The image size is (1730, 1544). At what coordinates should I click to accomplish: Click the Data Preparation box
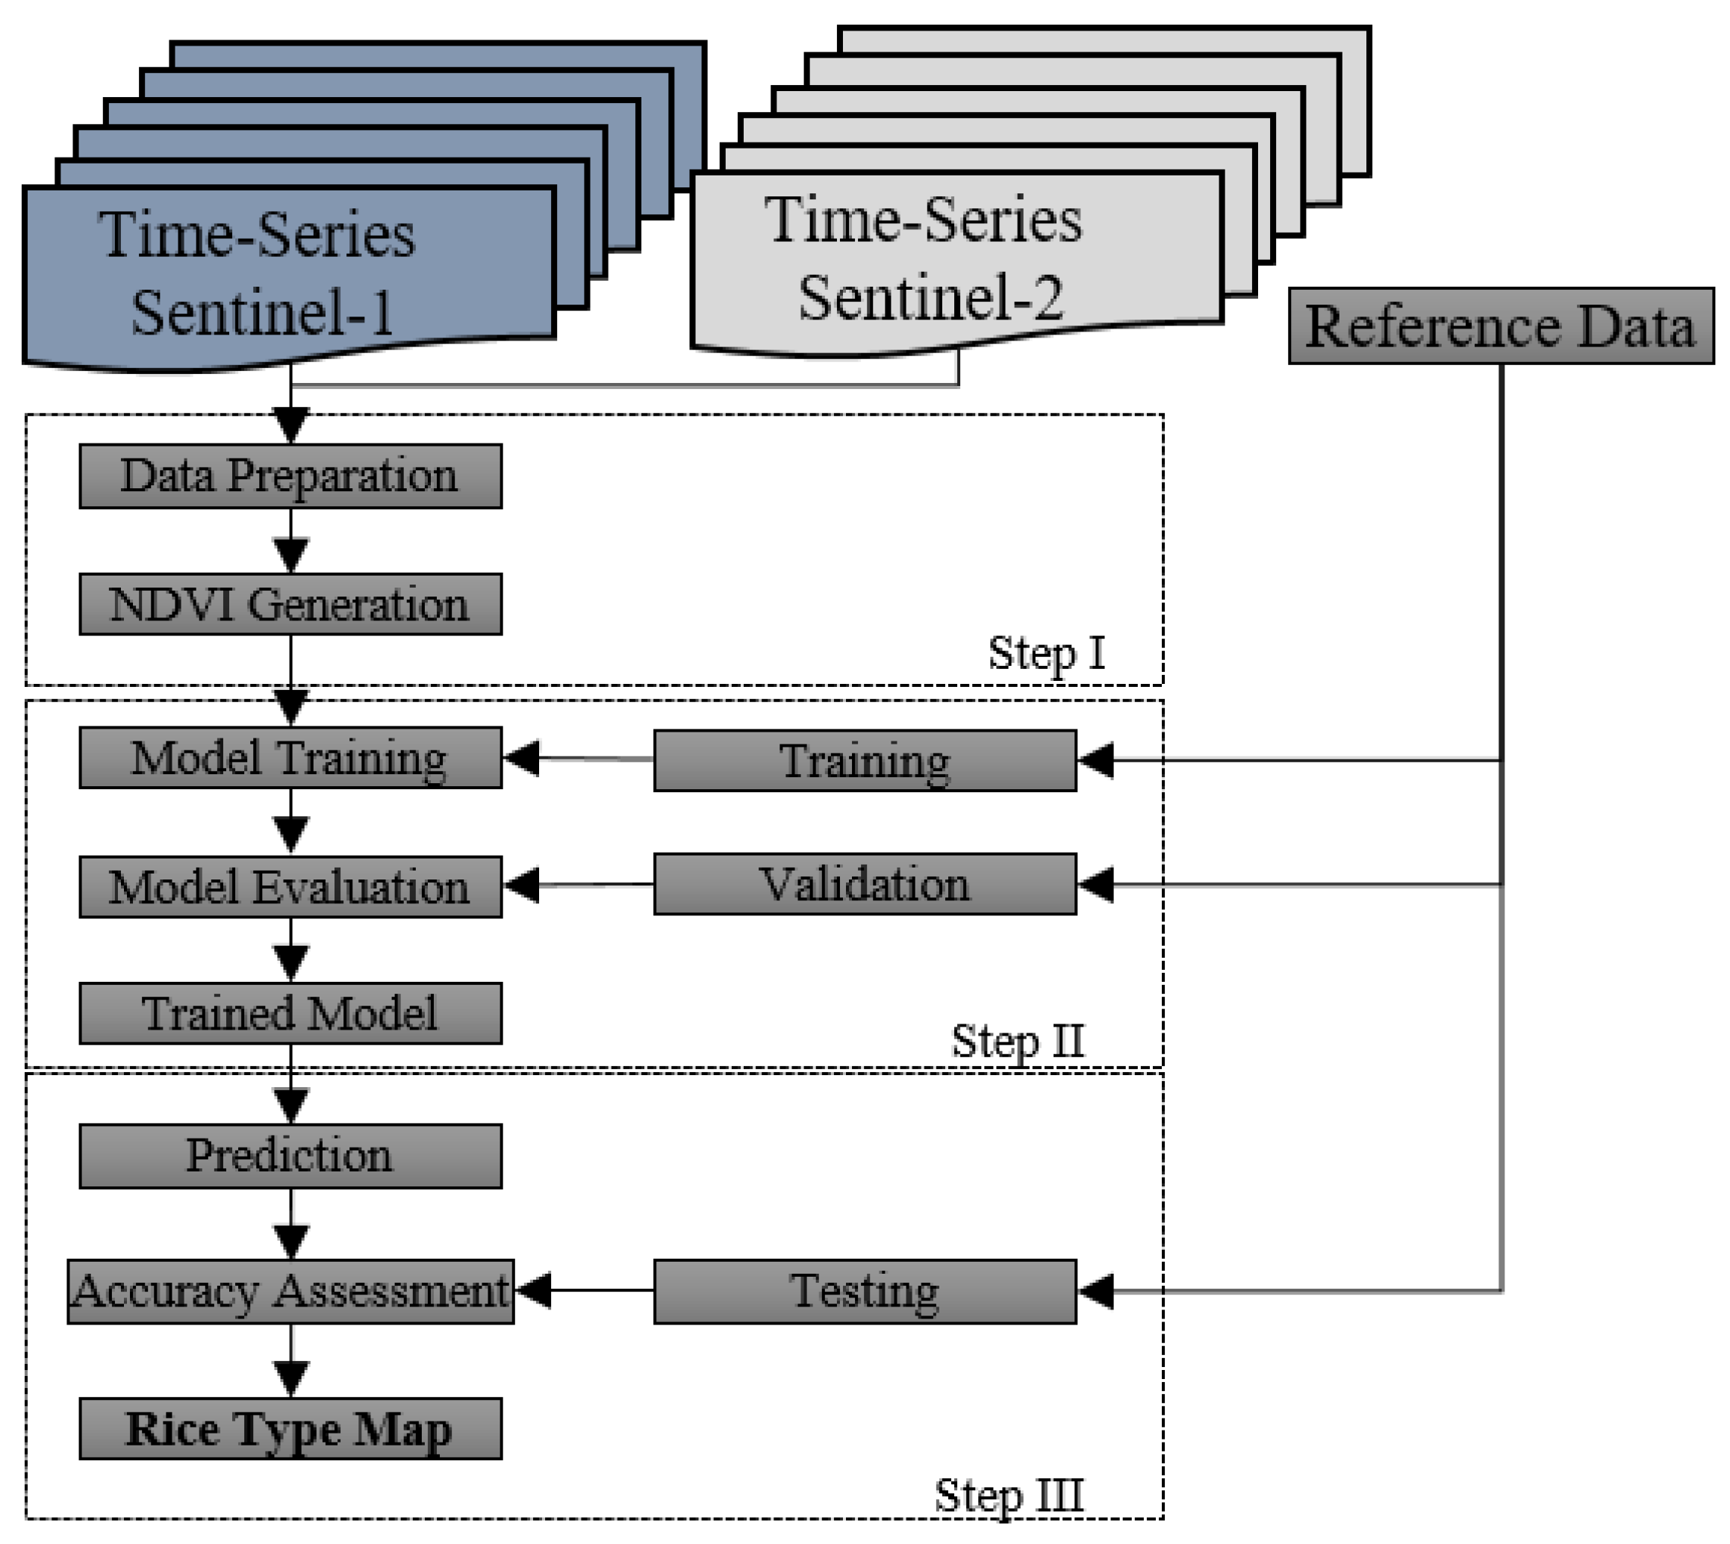[290, 476]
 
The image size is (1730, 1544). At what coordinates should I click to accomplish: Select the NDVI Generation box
[290, 604]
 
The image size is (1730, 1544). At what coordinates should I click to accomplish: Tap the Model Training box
[290, 758]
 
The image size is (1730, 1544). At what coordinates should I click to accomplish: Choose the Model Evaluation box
[290, 886]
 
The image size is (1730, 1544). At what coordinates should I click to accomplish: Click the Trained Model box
[290, 1013]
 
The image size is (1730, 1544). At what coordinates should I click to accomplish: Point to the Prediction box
[290, 1156]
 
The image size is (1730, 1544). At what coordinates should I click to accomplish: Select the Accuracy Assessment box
[290, 1291]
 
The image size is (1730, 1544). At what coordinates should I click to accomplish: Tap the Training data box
[865, 761]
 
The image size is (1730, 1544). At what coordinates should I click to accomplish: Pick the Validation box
[865, 884]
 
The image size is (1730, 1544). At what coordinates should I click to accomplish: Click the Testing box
[865, 1291]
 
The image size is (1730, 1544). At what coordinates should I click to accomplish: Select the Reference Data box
[1500, 326]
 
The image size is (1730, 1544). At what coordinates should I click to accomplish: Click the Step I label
[1046, 653]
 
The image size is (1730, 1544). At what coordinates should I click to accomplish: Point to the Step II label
[1017, 1040]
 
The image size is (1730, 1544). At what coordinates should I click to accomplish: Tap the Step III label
[1008, 1495]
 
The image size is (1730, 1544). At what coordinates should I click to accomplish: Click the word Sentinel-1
[261, 313]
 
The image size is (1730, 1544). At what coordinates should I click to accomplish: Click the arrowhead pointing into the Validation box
[1096, 885]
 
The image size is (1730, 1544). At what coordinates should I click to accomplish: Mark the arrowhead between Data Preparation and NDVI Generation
[291, 555]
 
